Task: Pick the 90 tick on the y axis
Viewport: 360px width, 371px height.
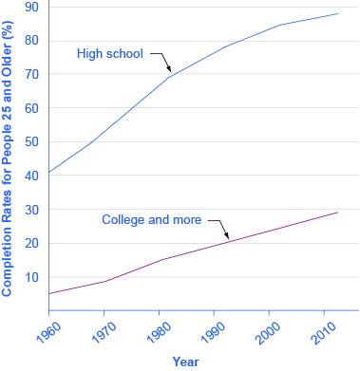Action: (x=31, y=7)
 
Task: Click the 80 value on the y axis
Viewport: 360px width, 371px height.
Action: (x=31, y=41)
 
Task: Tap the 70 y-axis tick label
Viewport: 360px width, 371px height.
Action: (x=31, y=74)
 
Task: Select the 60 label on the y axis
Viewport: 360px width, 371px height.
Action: (x=31, y=108)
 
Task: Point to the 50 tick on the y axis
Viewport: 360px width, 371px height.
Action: (x=31, y=142)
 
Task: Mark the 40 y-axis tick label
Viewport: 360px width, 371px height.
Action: (x=31, y=176)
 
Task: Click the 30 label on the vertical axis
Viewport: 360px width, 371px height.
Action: (x=31, y=210)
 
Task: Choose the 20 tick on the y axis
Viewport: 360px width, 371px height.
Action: (x=31, y=244)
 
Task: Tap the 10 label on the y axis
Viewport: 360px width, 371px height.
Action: (x=31, y=278)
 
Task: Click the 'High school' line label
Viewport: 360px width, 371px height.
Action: (x=108, y=53)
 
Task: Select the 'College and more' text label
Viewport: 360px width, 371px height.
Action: (x=152, y=220)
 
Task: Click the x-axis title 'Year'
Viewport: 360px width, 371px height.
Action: (x=186, y=362)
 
